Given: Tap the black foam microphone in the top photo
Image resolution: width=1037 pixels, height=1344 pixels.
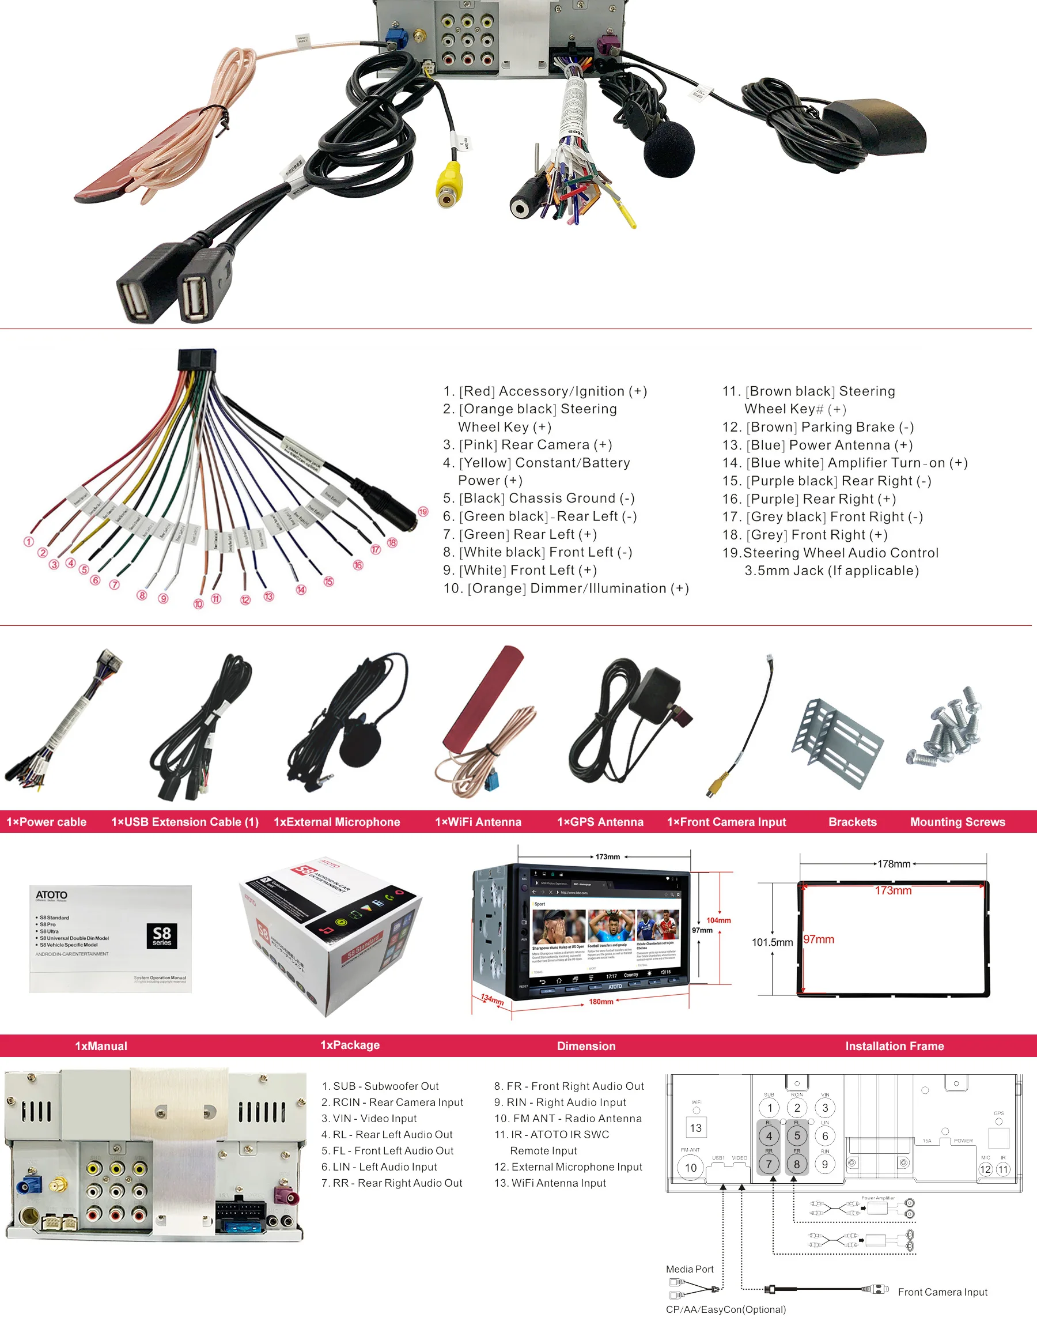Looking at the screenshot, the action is [x=668, y=148].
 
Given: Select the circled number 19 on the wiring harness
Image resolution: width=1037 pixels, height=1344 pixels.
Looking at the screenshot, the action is [x=423, y=512].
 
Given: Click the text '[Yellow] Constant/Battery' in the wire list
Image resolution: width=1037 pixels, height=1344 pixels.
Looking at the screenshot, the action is [x=544, y=463].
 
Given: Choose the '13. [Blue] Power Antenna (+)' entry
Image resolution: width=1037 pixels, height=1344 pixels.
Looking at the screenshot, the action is [x=818, y=445].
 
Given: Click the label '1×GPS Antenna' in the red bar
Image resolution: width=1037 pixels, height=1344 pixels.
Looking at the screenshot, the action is [x=600, y=821].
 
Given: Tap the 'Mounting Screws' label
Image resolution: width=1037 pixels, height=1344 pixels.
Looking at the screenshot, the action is [x=957, y=821].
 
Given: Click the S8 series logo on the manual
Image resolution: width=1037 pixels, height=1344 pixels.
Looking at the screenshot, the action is [x=162, y=935].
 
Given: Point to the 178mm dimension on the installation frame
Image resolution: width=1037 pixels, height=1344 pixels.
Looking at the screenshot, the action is [x=893, y=864].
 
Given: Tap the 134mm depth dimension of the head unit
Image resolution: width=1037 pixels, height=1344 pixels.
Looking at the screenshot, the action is [x=492, y=1000].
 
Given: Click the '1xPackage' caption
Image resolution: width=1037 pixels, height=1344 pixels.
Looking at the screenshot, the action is [x=349, y=1045].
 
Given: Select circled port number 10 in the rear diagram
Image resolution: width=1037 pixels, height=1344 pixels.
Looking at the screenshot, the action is [x=691, y=1168].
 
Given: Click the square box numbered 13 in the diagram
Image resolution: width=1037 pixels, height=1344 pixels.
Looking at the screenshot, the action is [x=695, y=1128].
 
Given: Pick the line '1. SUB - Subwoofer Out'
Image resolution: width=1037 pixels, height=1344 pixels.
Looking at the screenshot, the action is [x=380, y=1086].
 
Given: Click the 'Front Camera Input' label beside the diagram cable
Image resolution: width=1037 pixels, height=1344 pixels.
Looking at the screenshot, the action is [x=943, y=1292].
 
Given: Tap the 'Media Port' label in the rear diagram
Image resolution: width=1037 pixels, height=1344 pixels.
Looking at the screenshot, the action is [x=690, y=1269].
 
